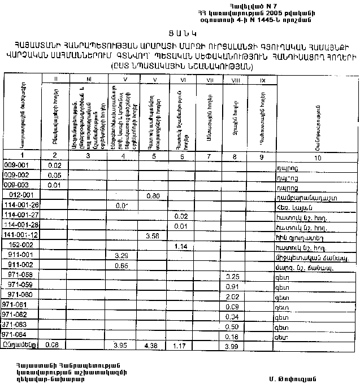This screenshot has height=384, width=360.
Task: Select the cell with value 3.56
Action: (x=151, y=235)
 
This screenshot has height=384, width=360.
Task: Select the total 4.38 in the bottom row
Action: (x=151, y=346)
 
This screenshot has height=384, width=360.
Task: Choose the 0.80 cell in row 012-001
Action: (x=151, y=195)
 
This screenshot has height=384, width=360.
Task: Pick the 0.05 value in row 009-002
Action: (x=54, y=175)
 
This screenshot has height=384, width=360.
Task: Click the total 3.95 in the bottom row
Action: (x=120, y=346)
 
